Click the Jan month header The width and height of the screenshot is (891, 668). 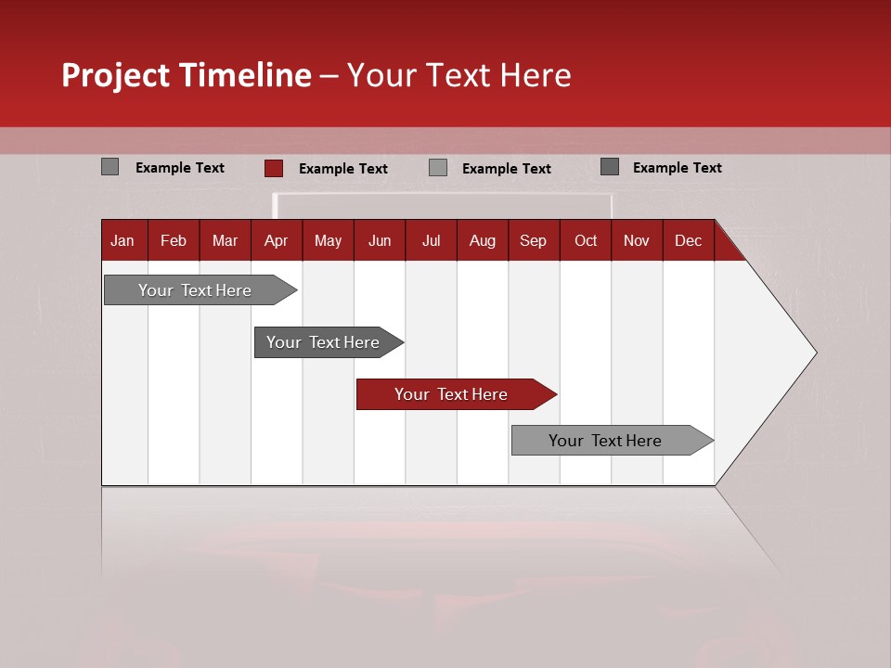[123, 241]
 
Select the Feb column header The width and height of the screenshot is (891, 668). [174, 241]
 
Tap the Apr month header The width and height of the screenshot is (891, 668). [276, 241]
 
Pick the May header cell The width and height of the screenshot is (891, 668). [328, 241]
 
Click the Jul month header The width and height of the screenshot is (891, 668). [431, 241]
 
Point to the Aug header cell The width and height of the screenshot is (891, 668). [482, 241]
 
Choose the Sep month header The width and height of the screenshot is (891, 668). [533, 241]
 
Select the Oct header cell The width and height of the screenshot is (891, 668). [586, 241]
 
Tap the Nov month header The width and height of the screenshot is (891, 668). [637, 241]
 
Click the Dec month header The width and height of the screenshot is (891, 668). [688, 241]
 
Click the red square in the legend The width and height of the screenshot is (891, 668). [274, 168]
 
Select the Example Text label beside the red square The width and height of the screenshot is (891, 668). [343, 169]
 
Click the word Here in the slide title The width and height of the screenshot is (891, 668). [536, 75]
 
